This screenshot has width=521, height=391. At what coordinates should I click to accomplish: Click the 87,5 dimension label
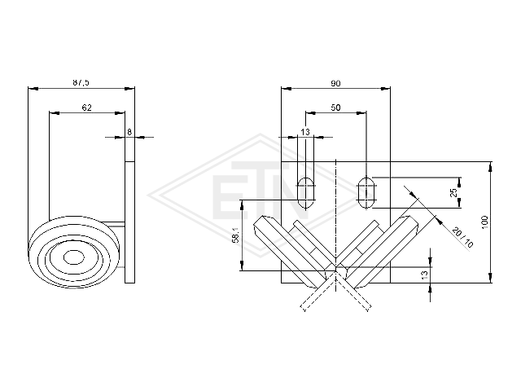pyautogui.click(x=81, y=82)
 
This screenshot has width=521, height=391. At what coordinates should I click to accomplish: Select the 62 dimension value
pyautogui.click(x=86, y=108)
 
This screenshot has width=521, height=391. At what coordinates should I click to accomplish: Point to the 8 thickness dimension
pyautogui.click(x=129, y=132)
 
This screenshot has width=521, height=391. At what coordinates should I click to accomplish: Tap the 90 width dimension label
pyautogui.click(x=335, y=83)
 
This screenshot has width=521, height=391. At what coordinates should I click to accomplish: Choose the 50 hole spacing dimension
pyautogui.click(x=335, y=108)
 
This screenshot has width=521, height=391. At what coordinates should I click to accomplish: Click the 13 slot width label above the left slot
pyautogui.click(x=305, y=132)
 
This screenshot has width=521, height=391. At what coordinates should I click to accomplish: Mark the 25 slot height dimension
pyautogui.click(x=454, y=192)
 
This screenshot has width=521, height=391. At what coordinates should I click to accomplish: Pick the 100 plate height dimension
pyautogui.click(x=484, y=222)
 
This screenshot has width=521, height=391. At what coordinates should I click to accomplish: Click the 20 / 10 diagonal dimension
pyautogui.click(x=462, y=238)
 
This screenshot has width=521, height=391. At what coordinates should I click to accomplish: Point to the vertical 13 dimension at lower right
pyautogui.click(x=425, y=275)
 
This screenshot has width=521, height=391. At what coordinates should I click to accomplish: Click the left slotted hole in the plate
pyautogui.click(x=306, y=193)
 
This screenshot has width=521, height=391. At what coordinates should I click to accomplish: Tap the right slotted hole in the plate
pyautogui.click(x=366, y=193)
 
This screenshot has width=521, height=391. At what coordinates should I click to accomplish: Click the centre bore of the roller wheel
pyautogui.click(x=74, y=257)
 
